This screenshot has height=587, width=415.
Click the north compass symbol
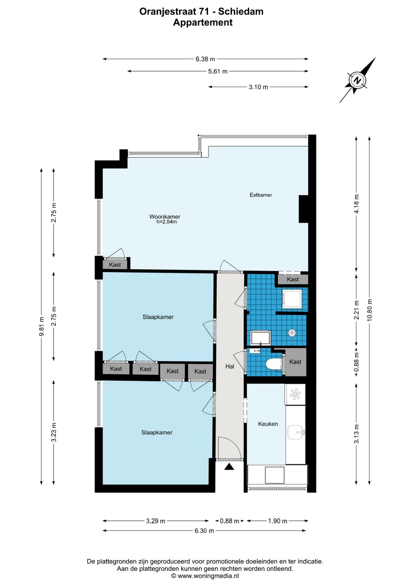(x=357, y=81)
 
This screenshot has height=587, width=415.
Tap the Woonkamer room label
(x=165, y=216)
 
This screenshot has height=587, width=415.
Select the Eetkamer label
(x=261, y=195)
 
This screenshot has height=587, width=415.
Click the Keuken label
(x=268, y=424)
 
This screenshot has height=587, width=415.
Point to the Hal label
(x=230, y=366)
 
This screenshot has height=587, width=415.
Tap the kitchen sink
(x=296, y=432)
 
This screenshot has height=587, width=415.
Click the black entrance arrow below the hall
(x=229, y=466)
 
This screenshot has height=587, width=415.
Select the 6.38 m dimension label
(x=205, y=59)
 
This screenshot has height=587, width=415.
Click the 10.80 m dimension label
(x=370, y=310)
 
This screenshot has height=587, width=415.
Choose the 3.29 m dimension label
(x=156, y=521)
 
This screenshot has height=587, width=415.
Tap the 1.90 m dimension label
(x=278, y=521)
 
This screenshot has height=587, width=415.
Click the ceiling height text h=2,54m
(x=167, y=222)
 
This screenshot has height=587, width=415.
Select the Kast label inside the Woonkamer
(x=115, y=265)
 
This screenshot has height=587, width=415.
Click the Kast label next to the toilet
(x=295, y=362)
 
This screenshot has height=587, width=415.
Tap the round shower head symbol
(x=292, y=333)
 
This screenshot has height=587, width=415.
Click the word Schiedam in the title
(x=241, y=11)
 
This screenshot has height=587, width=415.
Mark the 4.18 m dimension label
(x=356, y=204)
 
